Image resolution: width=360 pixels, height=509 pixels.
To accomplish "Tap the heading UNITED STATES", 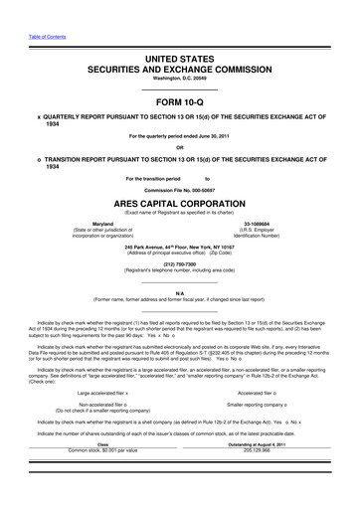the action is (x=179, y=60).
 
